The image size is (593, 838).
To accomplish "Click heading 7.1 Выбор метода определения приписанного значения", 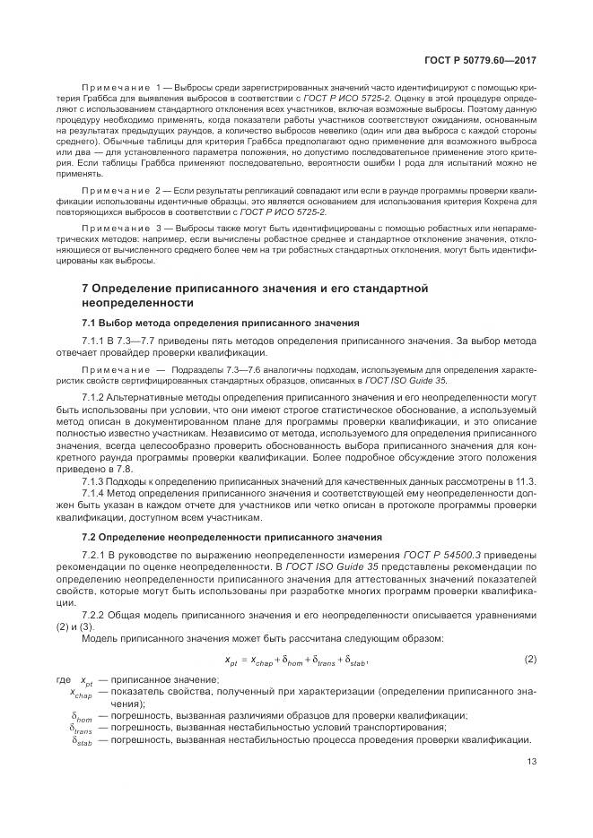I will (221, 322).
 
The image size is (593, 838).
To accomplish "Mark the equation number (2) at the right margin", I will (529, 661).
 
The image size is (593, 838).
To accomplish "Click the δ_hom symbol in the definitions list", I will (82, 716).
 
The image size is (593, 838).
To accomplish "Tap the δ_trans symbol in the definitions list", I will (82, 729).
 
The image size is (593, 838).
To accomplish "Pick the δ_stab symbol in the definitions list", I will (82, 741).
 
